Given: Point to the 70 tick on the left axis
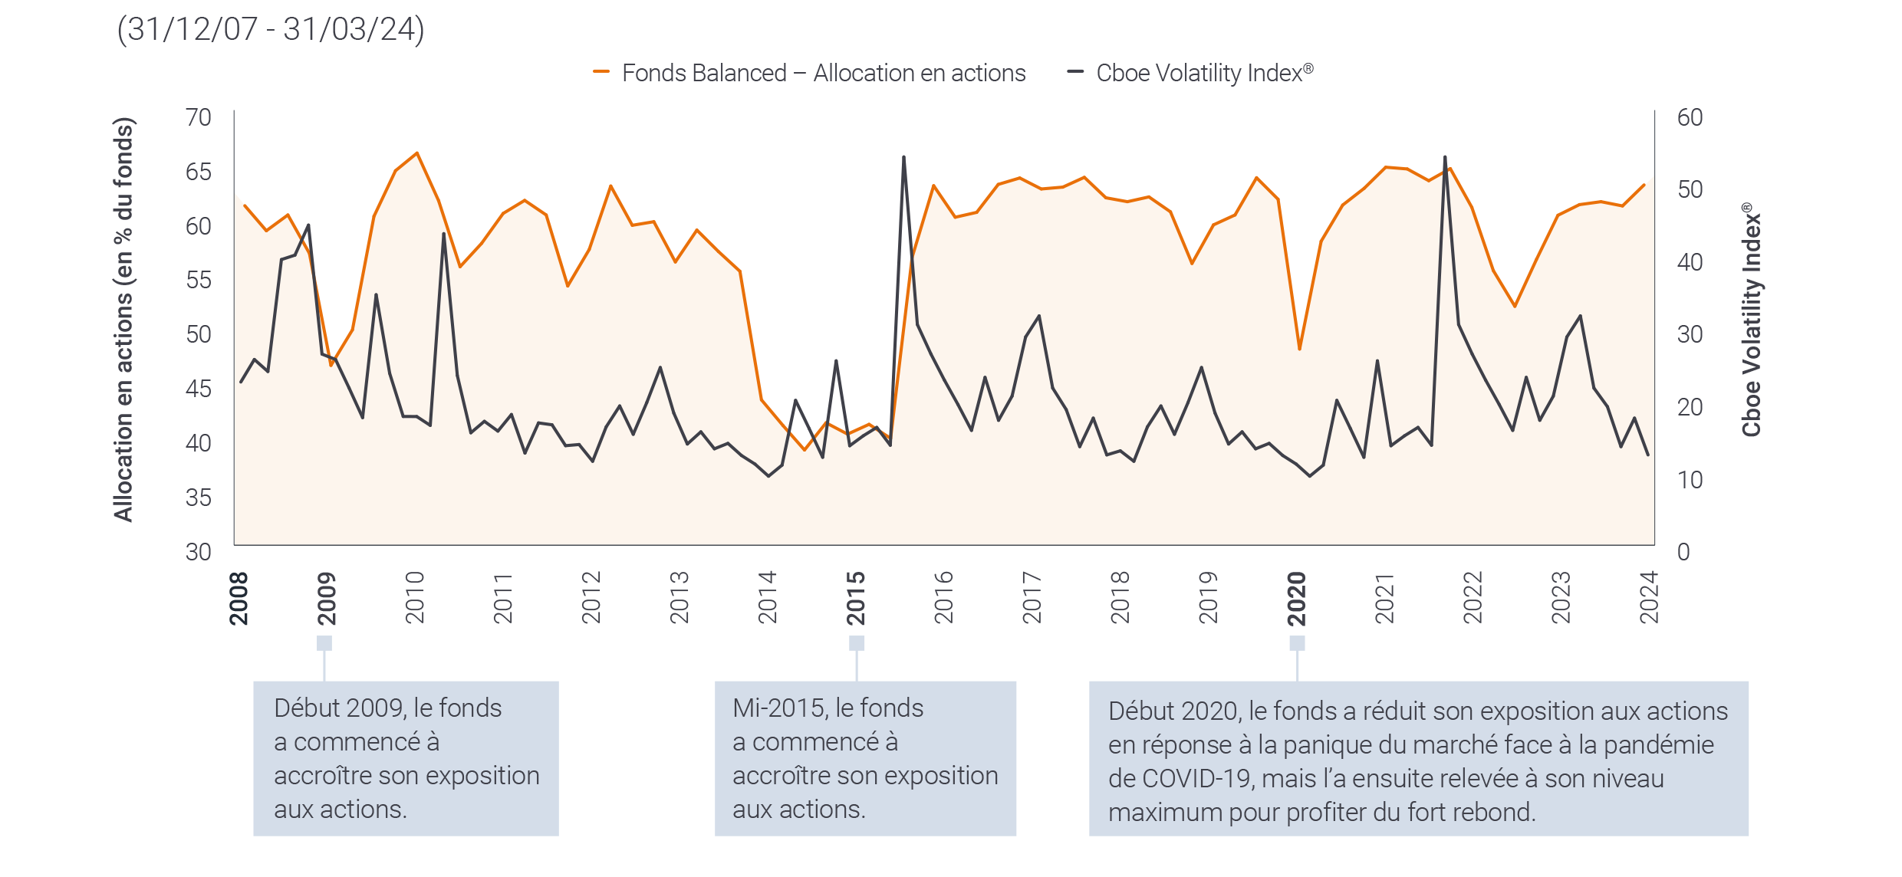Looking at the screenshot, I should point(198,117).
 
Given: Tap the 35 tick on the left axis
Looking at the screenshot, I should point(198,498).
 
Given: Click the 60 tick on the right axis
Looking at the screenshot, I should point(1690,117).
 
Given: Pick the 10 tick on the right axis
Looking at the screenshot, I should point(1690,480).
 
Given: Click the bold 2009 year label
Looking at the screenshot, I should point(327,598).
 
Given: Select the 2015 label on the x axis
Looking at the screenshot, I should point(856,598).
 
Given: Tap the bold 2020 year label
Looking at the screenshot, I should point(1296,598).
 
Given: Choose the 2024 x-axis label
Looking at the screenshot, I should point(1649,598).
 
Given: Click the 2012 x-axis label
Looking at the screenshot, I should point(591,598).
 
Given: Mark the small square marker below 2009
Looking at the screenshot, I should point(324,642).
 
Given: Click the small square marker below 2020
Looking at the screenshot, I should point(1297,642).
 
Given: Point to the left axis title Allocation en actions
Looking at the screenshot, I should point(123,319).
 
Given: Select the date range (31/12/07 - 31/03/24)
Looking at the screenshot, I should point(270,30).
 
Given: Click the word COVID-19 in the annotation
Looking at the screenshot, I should point(1195,779).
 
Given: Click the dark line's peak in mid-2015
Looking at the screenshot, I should point(904,157).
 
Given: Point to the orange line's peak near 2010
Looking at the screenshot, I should point(417,153).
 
